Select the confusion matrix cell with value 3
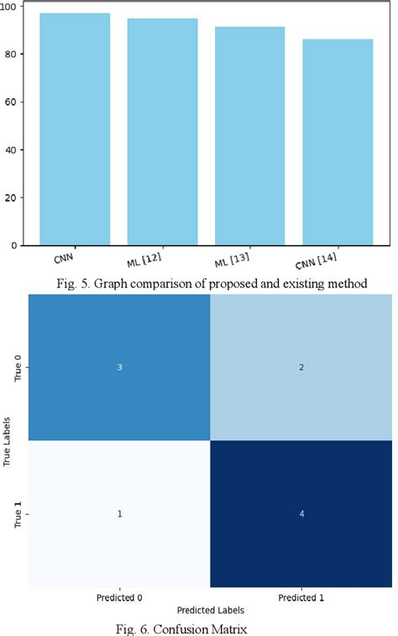coord(119,367)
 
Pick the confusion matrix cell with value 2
coord(300,367)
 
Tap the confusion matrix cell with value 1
coord(119,513)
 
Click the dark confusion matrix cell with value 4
coord(300,513)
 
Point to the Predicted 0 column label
coord(119,597)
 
